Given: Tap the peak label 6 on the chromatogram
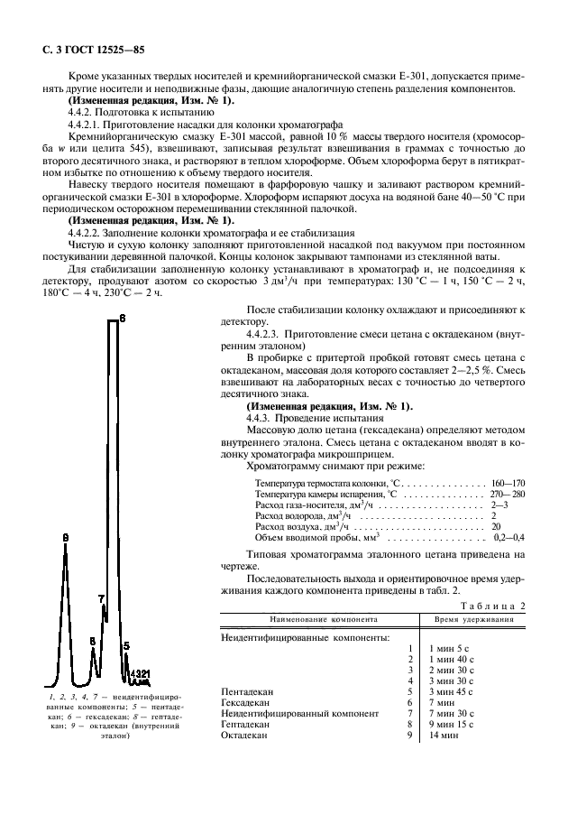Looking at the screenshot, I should (123, 319).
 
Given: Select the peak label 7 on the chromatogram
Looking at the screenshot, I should (101, 598).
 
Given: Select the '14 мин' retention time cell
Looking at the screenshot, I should (444, 736).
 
